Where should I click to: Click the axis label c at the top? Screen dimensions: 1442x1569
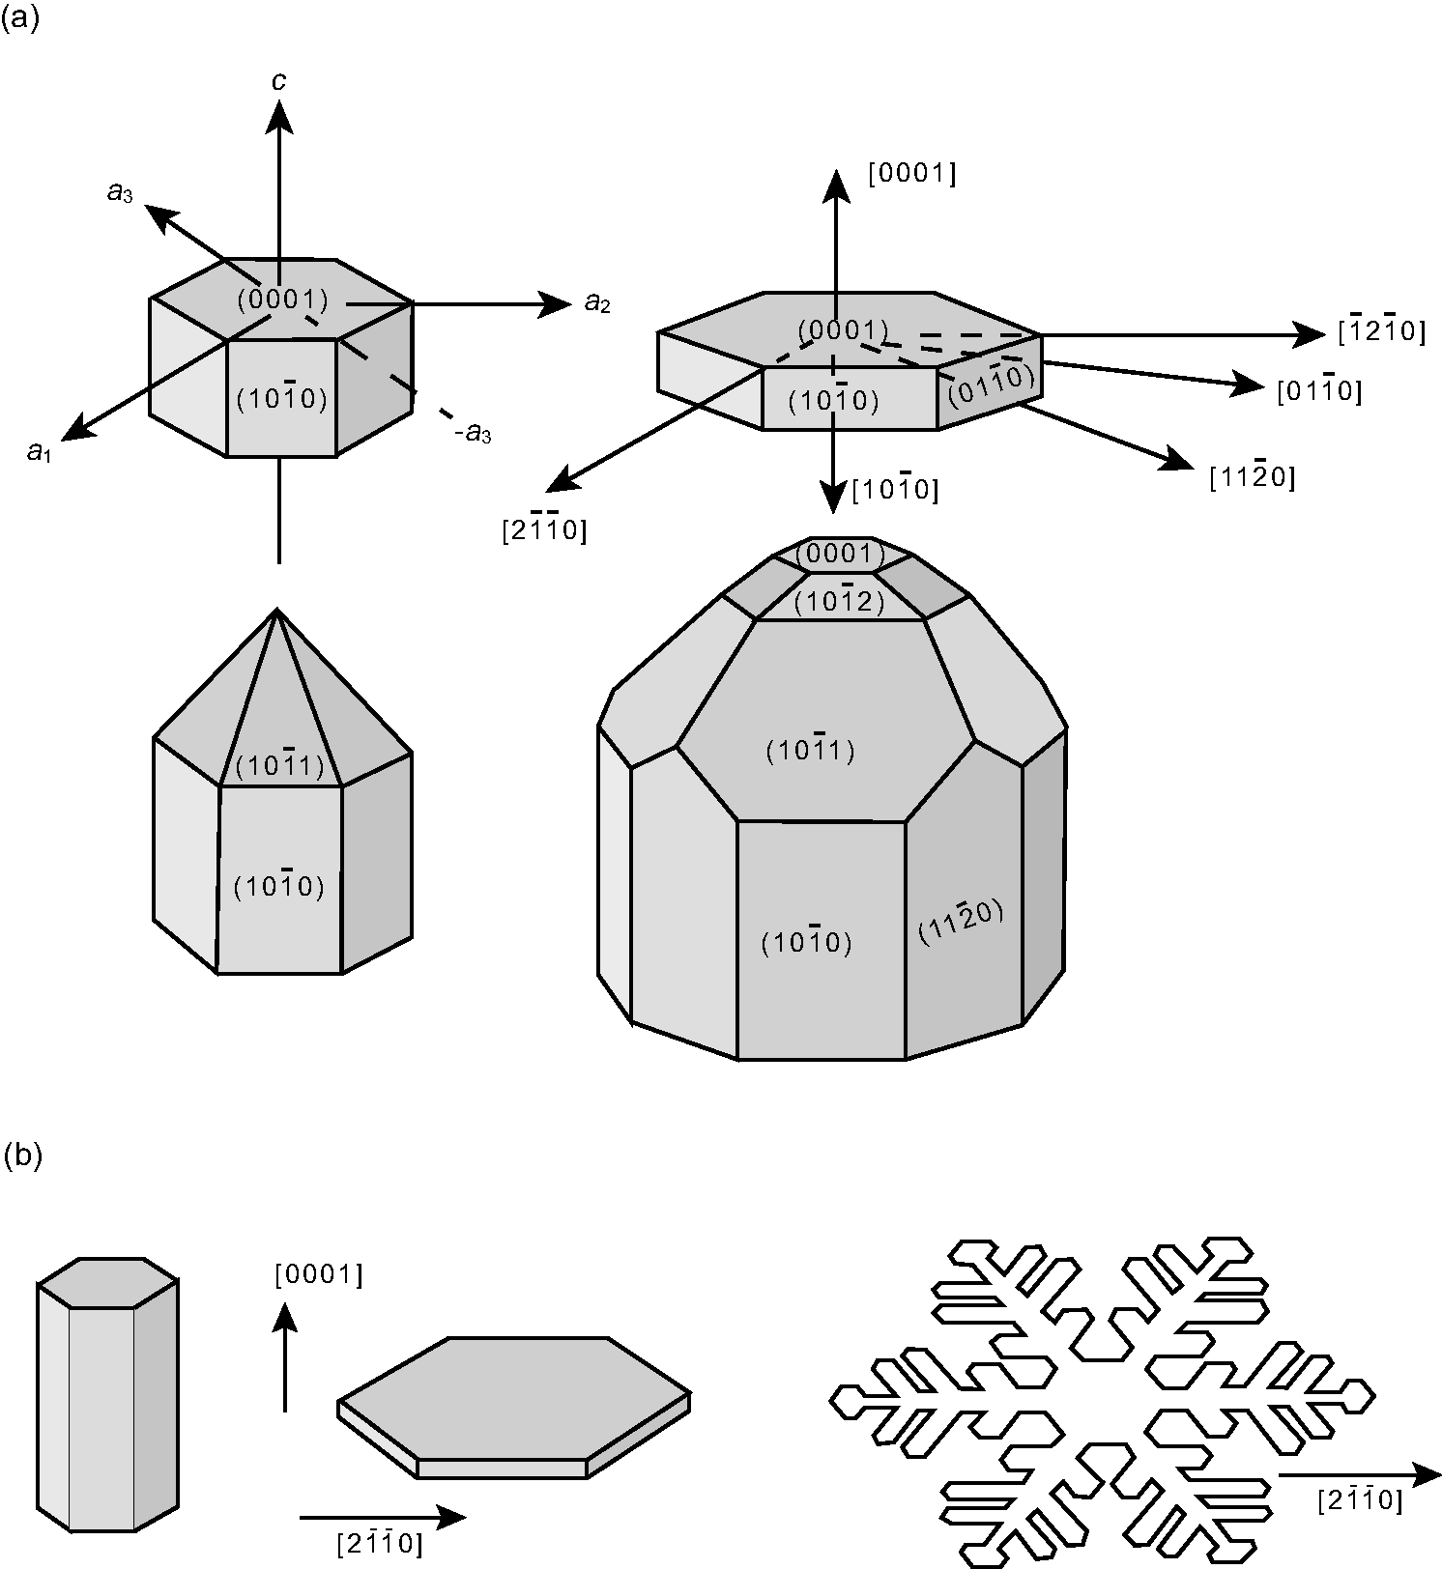(x=278, y=83)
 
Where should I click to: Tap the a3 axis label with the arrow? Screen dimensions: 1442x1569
(x=121, y=193)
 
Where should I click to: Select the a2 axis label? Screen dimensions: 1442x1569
(x=597, y=304)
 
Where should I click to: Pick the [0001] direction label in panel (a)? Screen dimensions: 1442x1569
(x=912, y=174)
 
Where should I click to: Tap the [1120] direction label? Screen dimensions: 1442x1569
(x=1252, y=476)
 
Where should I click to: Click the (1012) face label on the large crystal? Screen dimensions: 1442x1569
(x=839, y=601)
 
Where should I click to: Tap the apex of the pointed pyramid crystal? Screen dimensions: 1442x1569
(x=277, y=609)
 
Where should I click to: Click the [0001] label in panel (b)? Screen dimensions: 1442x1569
(x=319, y=1275)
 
